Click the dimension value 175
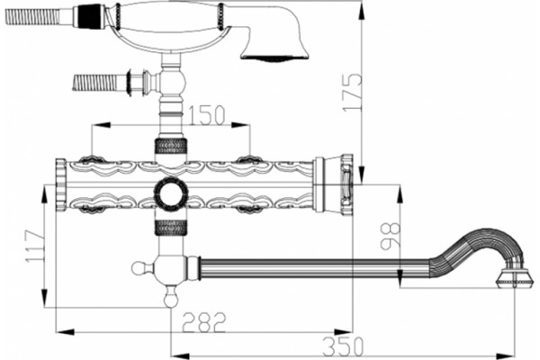pyautogui.click(x=352, y=92)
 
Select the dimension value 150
pyautogui.click(x=207, y=115)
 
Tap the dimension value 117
pyautogui.click(x=35, y=247)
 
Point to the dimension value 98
pyautogui.click(x=391, y=235)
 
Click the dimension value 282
pyautogui.click(x=204, y=322)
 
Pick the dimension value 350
pyautogui.click(x=344, y=346)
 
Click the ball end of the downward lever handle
pyautogui.click(x=171, y=298)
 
